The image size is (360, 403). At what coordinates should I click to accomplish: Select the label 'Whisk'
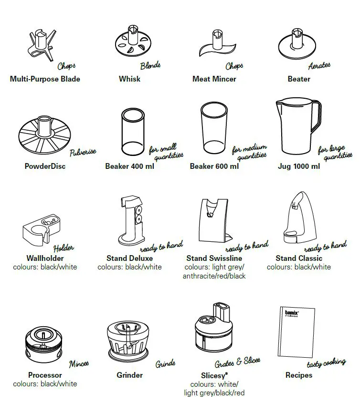click(129, 79)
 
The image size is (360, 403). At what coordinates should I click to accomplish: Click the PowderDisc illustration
click(44, 136)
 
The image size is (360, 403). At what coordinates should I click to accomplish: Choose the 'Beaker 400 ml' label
click(129, 166)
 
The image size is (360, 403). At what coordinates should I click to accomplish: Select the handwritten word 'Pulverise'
click(83, 153)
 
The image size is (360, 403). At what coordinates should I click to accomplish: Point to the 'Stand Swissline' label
click(214, 258)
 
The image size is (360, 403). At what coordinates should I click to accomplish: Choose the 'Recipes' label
click(298, 375)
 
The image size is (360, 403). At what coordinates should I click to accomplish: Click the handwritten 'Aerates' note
click(319, 66)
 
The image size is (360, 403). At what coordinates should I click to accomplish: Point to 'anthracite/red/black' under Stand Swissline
click(214, 276)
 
